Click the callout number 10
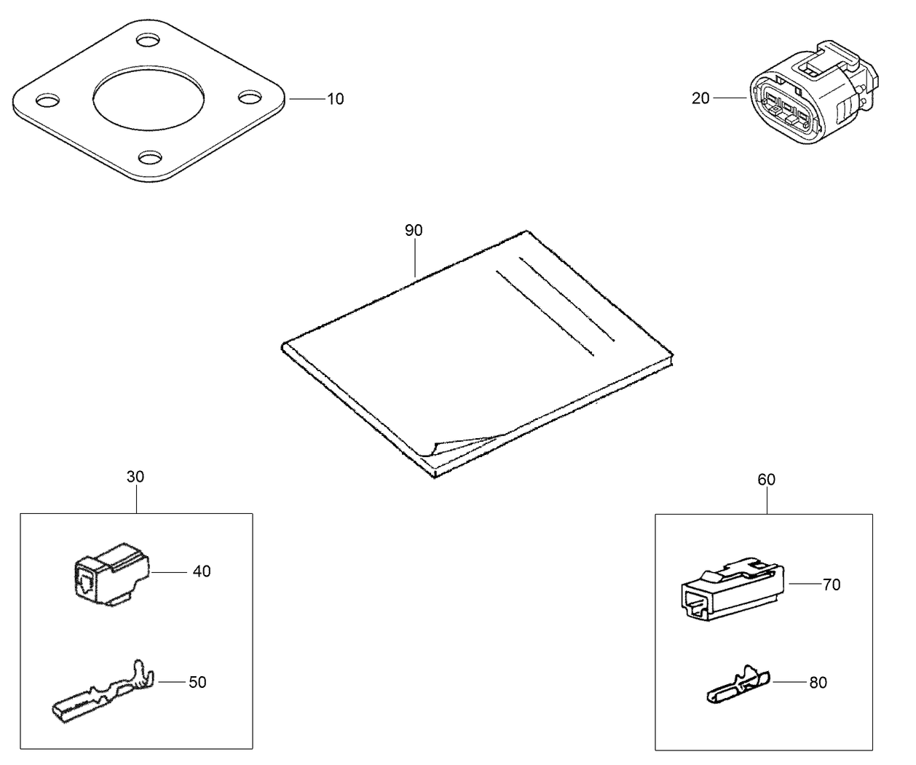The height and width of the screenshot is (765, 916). point(335,99)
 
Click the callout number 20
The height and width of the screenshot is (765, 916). point(700,98)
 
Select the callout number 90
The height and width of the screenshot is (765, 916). point(414,230)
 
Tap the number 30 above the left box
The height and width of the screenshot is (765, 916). point(135,477)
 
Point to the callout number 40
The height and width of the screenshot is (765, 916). point(202,571)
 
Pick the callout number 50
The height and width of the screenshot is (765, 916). point(197,682)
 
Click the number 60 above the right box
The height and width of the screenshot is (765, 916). point(766,480)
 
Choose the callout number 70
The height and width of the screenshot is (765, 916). point(832,584)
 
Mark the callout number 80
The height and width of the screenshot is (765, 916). point(818,683)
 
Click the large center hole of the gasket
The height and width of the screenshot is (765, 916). point(150,100)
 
